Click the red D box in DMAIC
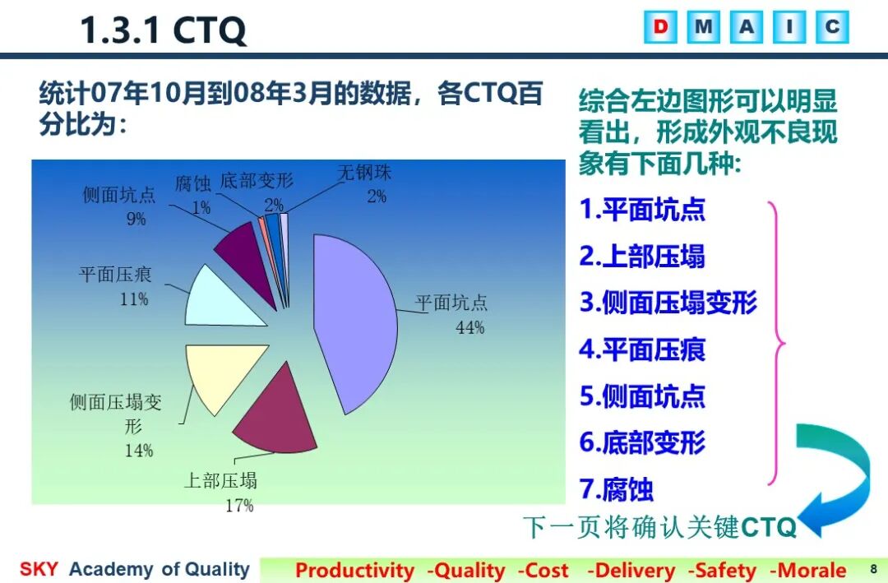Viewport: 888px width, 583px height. pyautogui.click(x=660, y=26)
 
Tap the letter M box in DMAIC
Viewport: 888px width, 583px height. pyautogui.click(x=703, y=26)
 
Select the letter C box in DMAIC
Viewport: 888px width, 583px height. pyautogui.click(x=832, y=26)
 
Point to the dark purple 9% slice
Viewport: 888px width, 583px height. pyautogui.click(x=247, y=258)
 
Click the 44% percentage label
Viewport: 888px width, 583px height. pyautogui.click(x=470, y=327)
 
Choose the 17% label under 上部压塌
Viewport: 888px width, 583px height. pyautogui.click(x=239, y=506)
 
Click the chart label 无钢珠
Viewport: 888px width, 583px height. pyautogui.click(x=365, y=172)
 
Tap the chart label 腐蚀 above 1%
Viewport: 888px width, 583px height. pyautogui.click(x=193, y=183)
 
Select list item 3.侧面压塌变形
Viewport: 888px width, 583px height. pyautogui.click(x=668, y=302)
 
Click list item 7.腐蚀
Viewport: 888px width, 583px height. pyautogui.click(x=616, y=489)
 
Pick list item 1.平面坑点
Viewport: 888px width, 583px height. pyautogui.click(x=642, y=209)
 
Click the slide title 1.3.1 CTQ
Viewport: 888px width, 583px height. pyautogui.click(x=163, y=30)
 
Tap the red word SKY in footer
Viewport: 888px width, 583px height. pyautogui.click(x=39, y=569)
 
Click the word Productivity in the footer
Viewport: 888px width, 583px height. pyautogui.click(x=355, y=570)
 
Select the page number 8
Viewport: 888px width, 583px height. pyautogui.click(x=873, y=569)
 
